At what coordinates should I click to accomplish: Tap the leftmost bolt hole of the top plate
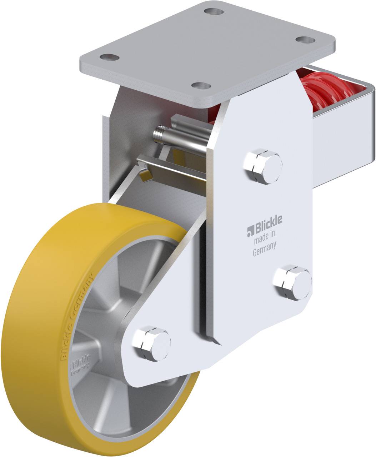(x=109, y=57)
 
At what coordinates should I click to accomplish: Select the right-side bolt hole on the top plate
(x=305, y=40)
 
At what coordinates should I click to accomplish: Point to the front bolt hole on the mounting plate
(x=201, y=86)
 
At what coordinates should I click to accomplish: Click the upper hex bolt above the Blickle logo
(x=262, y=166)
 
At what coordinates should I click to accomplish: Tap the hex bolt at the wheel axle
(x=151, y=343)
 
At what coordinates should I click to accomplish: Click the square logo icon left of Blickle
(x=250, y=232)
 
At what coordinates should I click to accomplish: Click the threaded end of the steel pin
(x=159, y=135)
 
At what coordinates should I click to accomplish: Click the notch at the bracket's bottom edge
(x=211, y=337)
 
